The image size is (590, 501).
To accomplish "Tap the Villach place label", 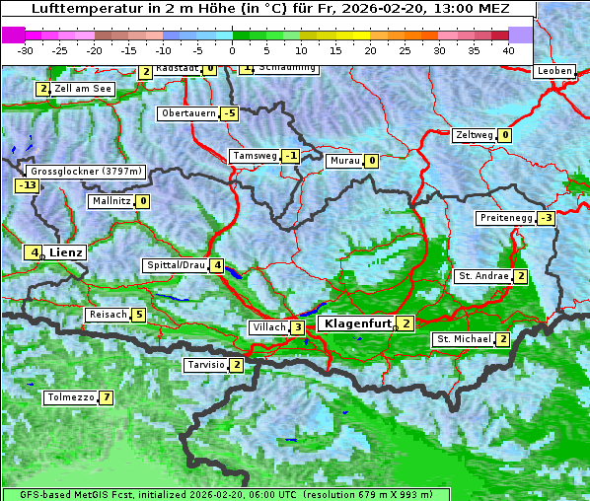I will click(x=267, y=327).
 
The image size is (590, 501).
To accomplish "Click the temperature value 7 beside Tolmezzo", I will click(x=106, y=398).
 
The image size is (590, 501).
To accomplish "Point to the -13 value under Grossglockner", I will click(x=27, y=185).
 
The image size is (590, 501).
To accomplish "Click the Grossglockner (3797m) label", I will click(x=87, y=171).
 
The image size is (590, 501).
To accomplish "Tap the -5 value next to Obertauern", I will click(x=230, y=113).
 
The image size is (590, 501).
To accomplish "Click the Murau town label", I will click(x=344, y=161).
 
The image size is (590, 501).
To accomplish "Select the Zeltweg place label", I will click(x=473, y=135).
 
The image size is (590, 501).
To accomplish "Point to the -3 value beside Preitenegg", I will click(x=546, y=218).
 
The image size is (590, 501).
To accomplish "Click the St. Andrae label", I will click(x=482, y=276).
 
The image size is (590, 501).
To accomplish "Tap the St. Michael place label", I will click(x=463, y=339).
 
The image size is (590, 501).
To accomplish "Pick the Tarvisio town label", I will click(x=205, y=365).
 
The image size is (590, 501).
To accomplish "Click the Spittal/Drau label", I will click(x=176, y=265).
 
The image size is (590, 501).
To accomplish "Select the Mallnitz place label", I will click(x=110, y=201).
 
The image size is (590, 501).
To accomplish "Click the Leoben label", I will click(x=553, y=71).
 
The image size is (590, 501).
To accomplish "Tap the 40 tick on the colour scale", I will click(x=508, y=49).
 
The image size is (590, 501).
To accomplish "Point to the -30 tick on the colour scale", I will click(x=26, y=49).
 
